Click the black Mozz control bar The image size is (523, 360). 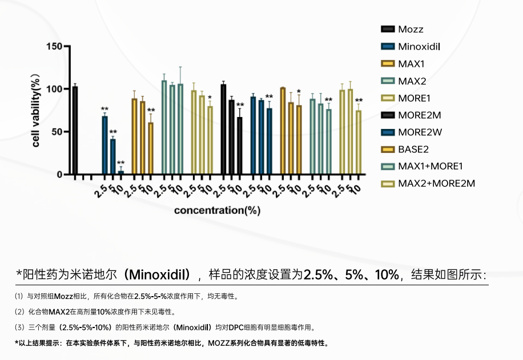(x=75, y=131)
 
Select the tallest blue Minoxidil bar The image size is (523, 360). (x=104, y=145)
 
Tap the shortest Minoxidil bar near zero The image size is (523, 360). (x=120, y=172)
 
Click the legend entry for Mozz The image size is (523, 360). (x=411, y=29)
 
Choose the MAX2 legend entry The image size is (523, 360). (x=412, y=80)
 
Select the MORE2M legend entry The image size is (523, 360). (x=420, y=115)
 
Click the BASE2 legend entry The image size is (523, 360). (x=413, y=149)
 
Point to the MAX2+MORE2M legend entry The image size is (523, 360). (x=437, y=183)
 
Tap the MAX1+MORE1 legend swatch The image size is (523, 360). (x=388, y=166)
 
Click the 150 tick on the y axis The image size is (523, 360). (x=54, y=46)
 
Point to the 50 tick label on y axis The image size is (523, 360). (x=56, y=132)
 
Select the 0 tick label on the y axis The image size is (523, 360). (x=59, y=175)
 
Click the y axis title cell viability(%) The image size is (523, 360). (x=36, y=110)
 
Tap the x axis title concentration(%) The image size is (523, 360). (x=217, y=210)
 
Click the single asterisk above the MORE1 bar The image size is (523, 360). (x=210, y=98)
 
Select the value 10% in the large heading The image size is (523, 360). (x=387, y=274)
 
